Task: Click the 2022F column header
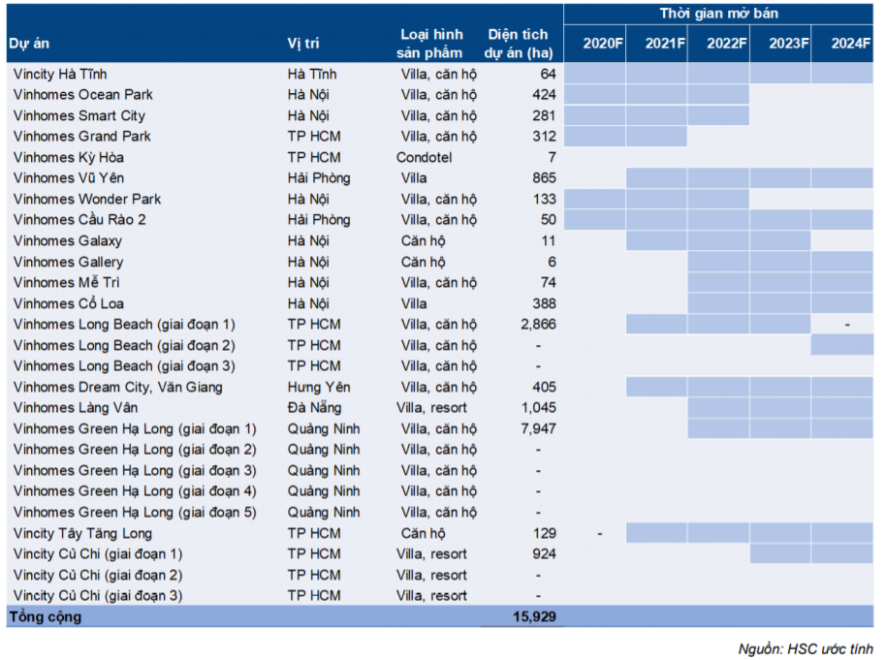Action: pos(727,43)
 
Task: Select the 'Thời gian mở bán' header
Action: pos(718,14)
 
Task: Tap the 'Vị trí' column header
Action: pos(303,44)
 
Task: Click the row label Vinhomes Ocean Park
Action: pos(82,95)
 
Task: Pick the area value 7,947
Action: pos(538,428)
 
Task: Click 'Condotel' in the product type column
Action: pos(424,157)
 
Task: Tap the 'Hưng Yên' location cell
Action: pos(317,387)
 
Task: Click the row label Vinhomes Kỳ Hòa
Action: pos(69,157)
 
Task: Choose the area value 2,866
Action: pos(538,325)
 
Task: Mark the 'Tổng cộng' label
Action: pos(46,616)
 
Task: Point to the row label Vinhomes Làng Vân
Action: pos(76,408)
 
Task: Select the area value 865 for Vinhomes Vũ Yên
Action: pos(544,178)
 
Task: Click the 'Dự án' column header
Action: pos(29,44)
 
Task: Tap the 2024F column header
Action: pos(851,43)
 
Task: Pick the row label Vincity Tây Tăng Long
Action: pos(82,533)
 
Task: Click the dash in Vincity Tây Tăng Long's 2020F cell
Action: pos(600,533)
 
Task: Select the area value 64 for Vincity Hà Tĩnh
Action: pos(548,74)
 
